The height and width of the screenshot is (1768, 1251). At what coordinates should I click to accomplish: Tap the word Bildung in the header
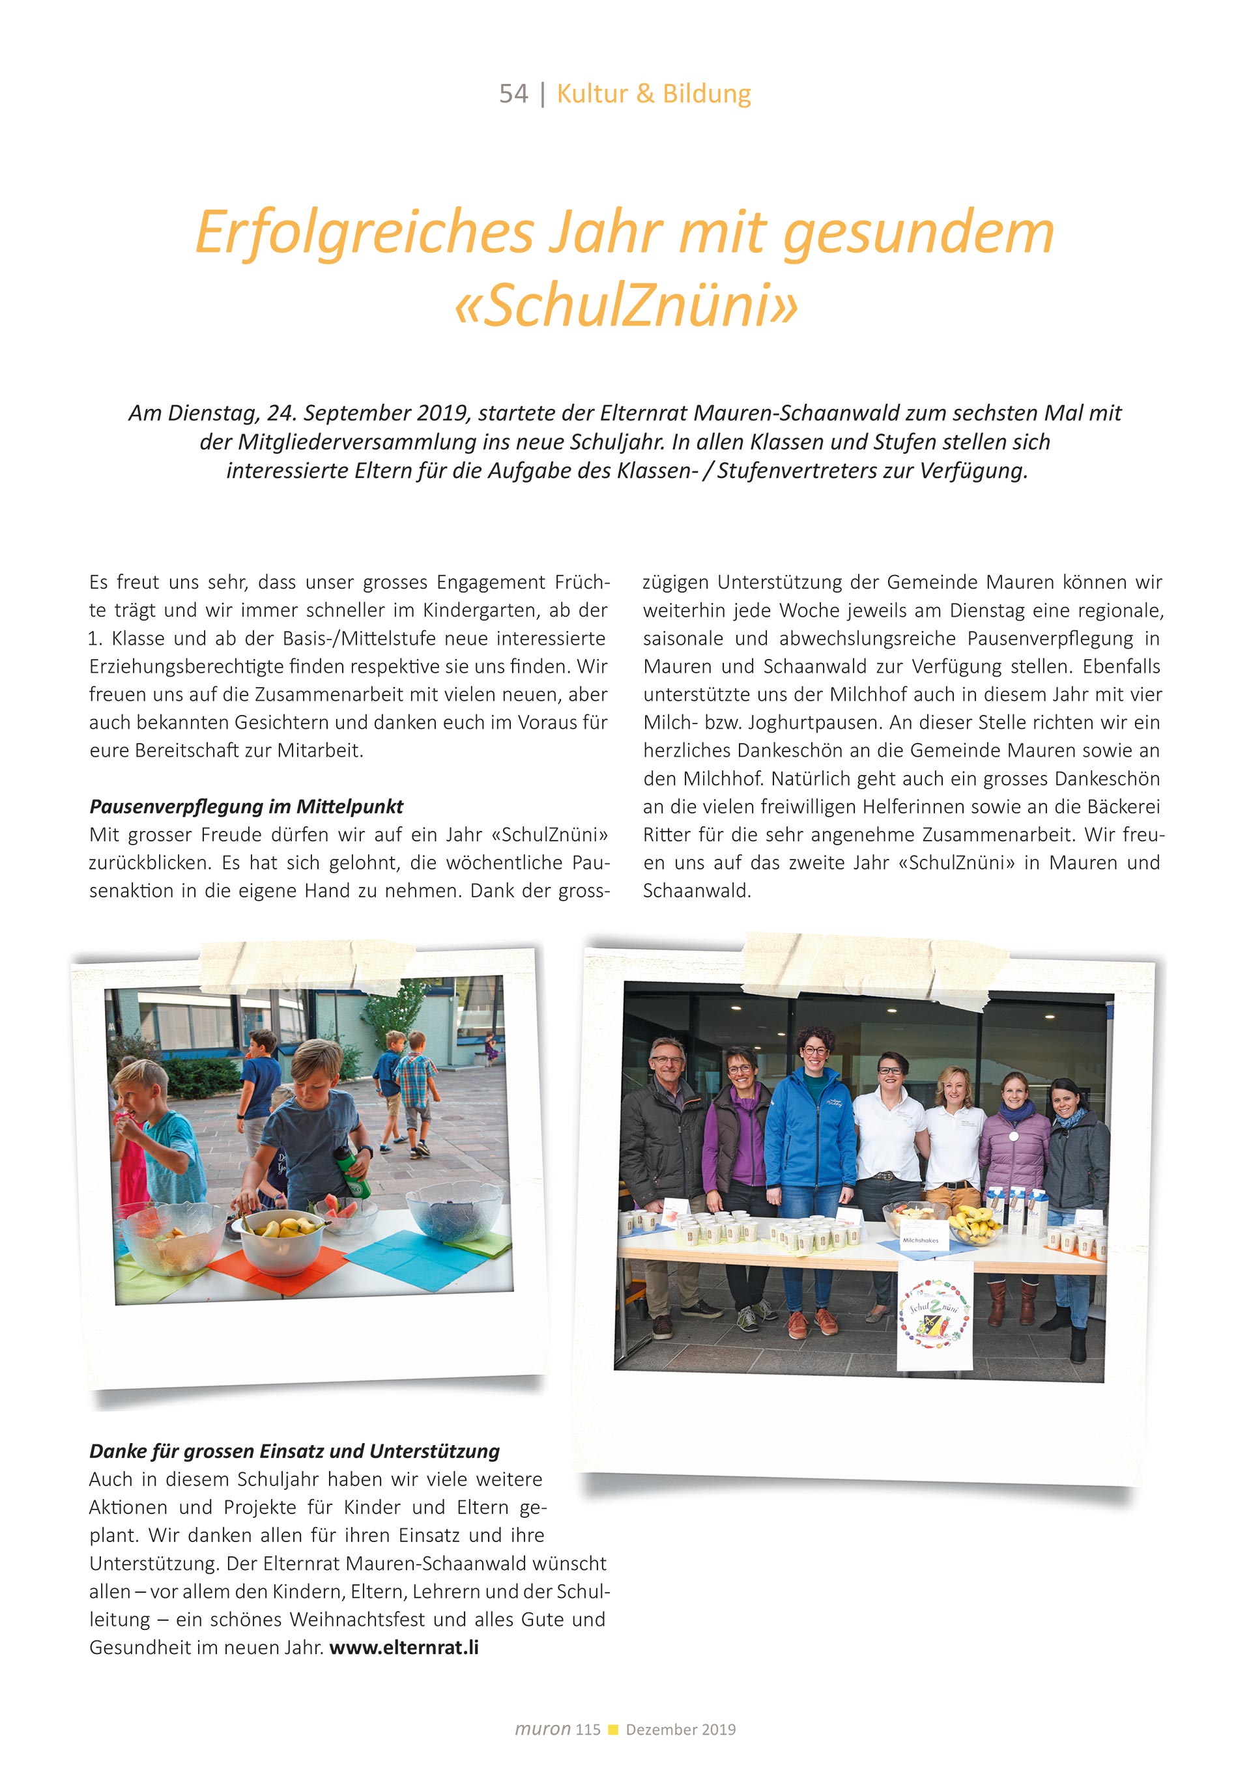(x=706, y=94)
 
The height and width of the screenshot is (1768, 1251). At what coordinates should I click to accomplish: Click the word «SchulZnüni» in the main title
(x=625, y=305)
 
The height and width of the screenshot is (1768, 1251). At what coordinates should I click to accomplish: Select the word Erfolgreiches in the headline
(x=364, y=232)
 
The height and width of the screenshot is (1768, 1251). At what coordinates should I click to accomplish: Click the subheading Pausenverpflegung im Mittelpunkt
(x=246, y=806)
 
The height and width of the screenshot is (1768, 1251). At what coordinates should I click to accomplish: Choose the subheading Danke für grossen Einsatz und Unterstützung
(x=295, y=1451)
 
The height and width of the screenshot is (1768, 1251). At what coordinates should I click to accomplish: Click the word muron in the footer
(x=542, y=1729)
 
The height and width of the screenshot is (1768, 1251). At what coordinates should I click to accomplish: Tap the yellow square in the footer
(x=613, y=1730)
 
